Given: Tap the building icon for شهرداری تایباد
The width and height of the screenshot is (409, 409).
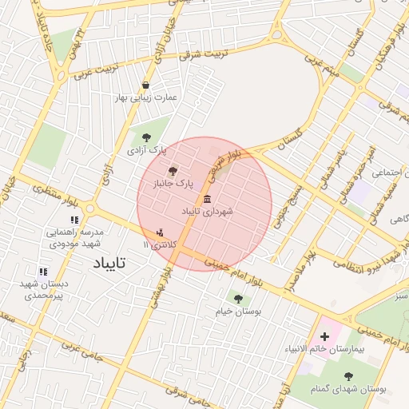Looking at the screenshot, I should (x=208, y=199).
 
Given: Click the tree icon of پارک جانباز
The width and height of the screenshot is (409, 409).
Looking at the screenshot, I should (x=173, y=170).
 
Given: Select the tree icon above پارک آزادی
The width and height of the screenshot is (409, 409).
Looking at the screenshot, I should (x=145, y=137).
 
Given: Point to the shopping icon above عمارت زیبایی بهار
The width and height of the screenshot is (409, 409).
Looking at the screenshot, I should (x=145, y=85).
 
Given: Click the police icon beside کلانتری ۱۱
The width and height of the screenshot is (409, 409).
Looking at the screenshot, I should (x=160, y=232).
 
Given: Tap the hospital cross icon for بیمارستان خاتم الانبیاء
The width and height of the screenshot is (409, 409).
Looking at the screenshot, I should (x=324, y=337).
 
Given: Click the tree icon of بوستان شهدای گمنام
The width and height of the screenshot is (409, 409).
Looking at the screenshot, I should (x=347, y=375).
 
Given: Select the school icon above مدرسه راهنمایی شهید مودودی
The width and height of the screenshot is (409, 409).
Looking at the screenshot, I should (x=74, y=220).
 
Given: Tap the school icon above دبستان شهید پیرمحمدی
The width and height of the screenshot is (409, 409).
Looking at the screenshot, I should (x=42, y=271).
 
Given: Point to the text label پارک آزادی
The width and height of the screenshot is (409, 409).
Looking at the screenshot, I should (x=146, y=149).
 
